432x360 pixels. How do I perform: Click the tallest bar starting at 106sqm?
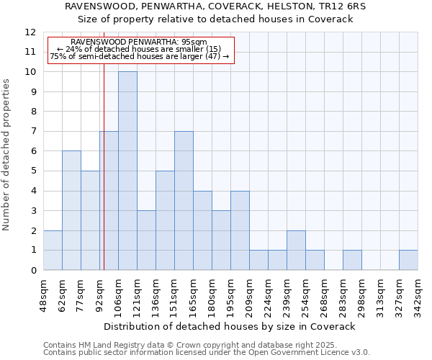point(127,171)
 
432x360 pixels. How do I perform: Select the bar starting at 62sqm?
point(71,210)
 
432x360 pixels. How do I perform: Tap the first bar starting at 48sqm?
point(53,250)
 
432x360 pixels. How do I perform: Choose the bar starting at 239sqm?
point(296,250)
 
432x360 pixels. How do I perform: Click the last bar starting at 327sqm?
point(408,260)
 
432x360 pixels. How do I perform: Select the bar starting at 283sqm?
point(352,260)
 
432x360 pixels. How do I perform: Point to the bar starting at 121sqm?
point(146,240)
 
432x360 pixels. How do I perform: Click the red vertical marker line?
point(104,180)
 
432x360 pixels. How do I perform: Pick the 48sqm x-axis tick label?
point(43,295)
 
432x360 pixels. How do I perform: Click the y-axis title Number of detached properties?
point(7,155)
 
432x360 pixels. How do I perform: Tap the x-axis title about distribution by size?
point(230,326)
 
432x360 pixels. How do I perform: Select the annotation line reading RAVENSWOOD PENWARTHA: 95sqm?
point(140,42)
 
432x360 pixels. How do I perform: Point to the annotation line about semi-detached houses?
point(140,56)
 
